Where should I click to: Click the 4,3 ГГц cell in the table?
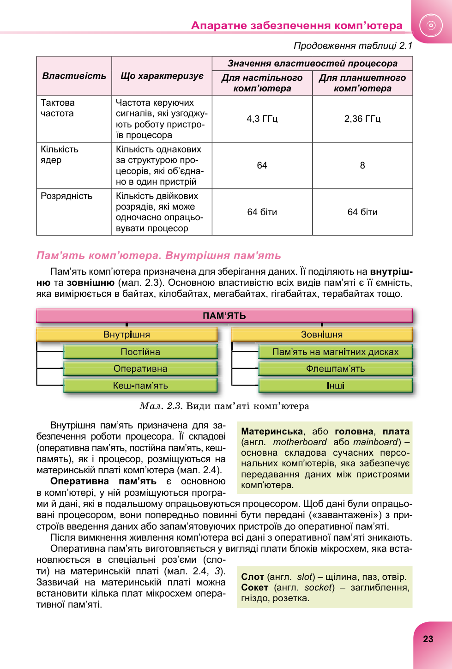point(262,119)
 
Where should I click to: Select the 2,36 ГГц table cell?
point(362,119)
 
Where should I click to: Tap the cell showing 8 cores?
point(362,165)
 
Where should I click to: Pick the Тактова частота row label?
point(58,108)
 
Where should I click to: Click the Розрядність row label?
point(66,196)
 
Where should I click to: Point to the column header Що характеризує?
point(162,76)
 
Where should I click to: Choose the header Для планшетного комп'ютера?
point(362,83)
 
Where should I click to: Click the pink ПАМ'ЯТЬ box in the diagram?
point(224,316)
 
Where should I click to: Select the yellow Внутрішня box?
point(127,334)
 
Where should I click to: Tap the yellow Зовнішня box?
point(321,334)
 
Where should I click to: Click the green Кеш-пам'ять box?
point(140,386)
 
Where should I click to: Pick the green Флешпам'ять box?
point(335,368)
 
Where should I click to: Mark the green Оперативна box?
point(140,368)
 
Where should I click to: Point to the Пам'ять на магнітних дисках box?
point(335,352)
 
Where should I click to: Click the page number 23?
point(428,639)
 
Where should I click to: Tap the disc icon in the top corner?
point(431,25)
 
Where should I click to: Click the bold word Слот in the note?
point(253,577)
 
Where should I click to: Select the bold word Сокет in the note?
point(254,587)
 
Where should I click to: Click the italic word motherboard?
point(300,442)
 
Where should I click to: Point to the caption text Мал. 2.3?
point(161,406)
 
